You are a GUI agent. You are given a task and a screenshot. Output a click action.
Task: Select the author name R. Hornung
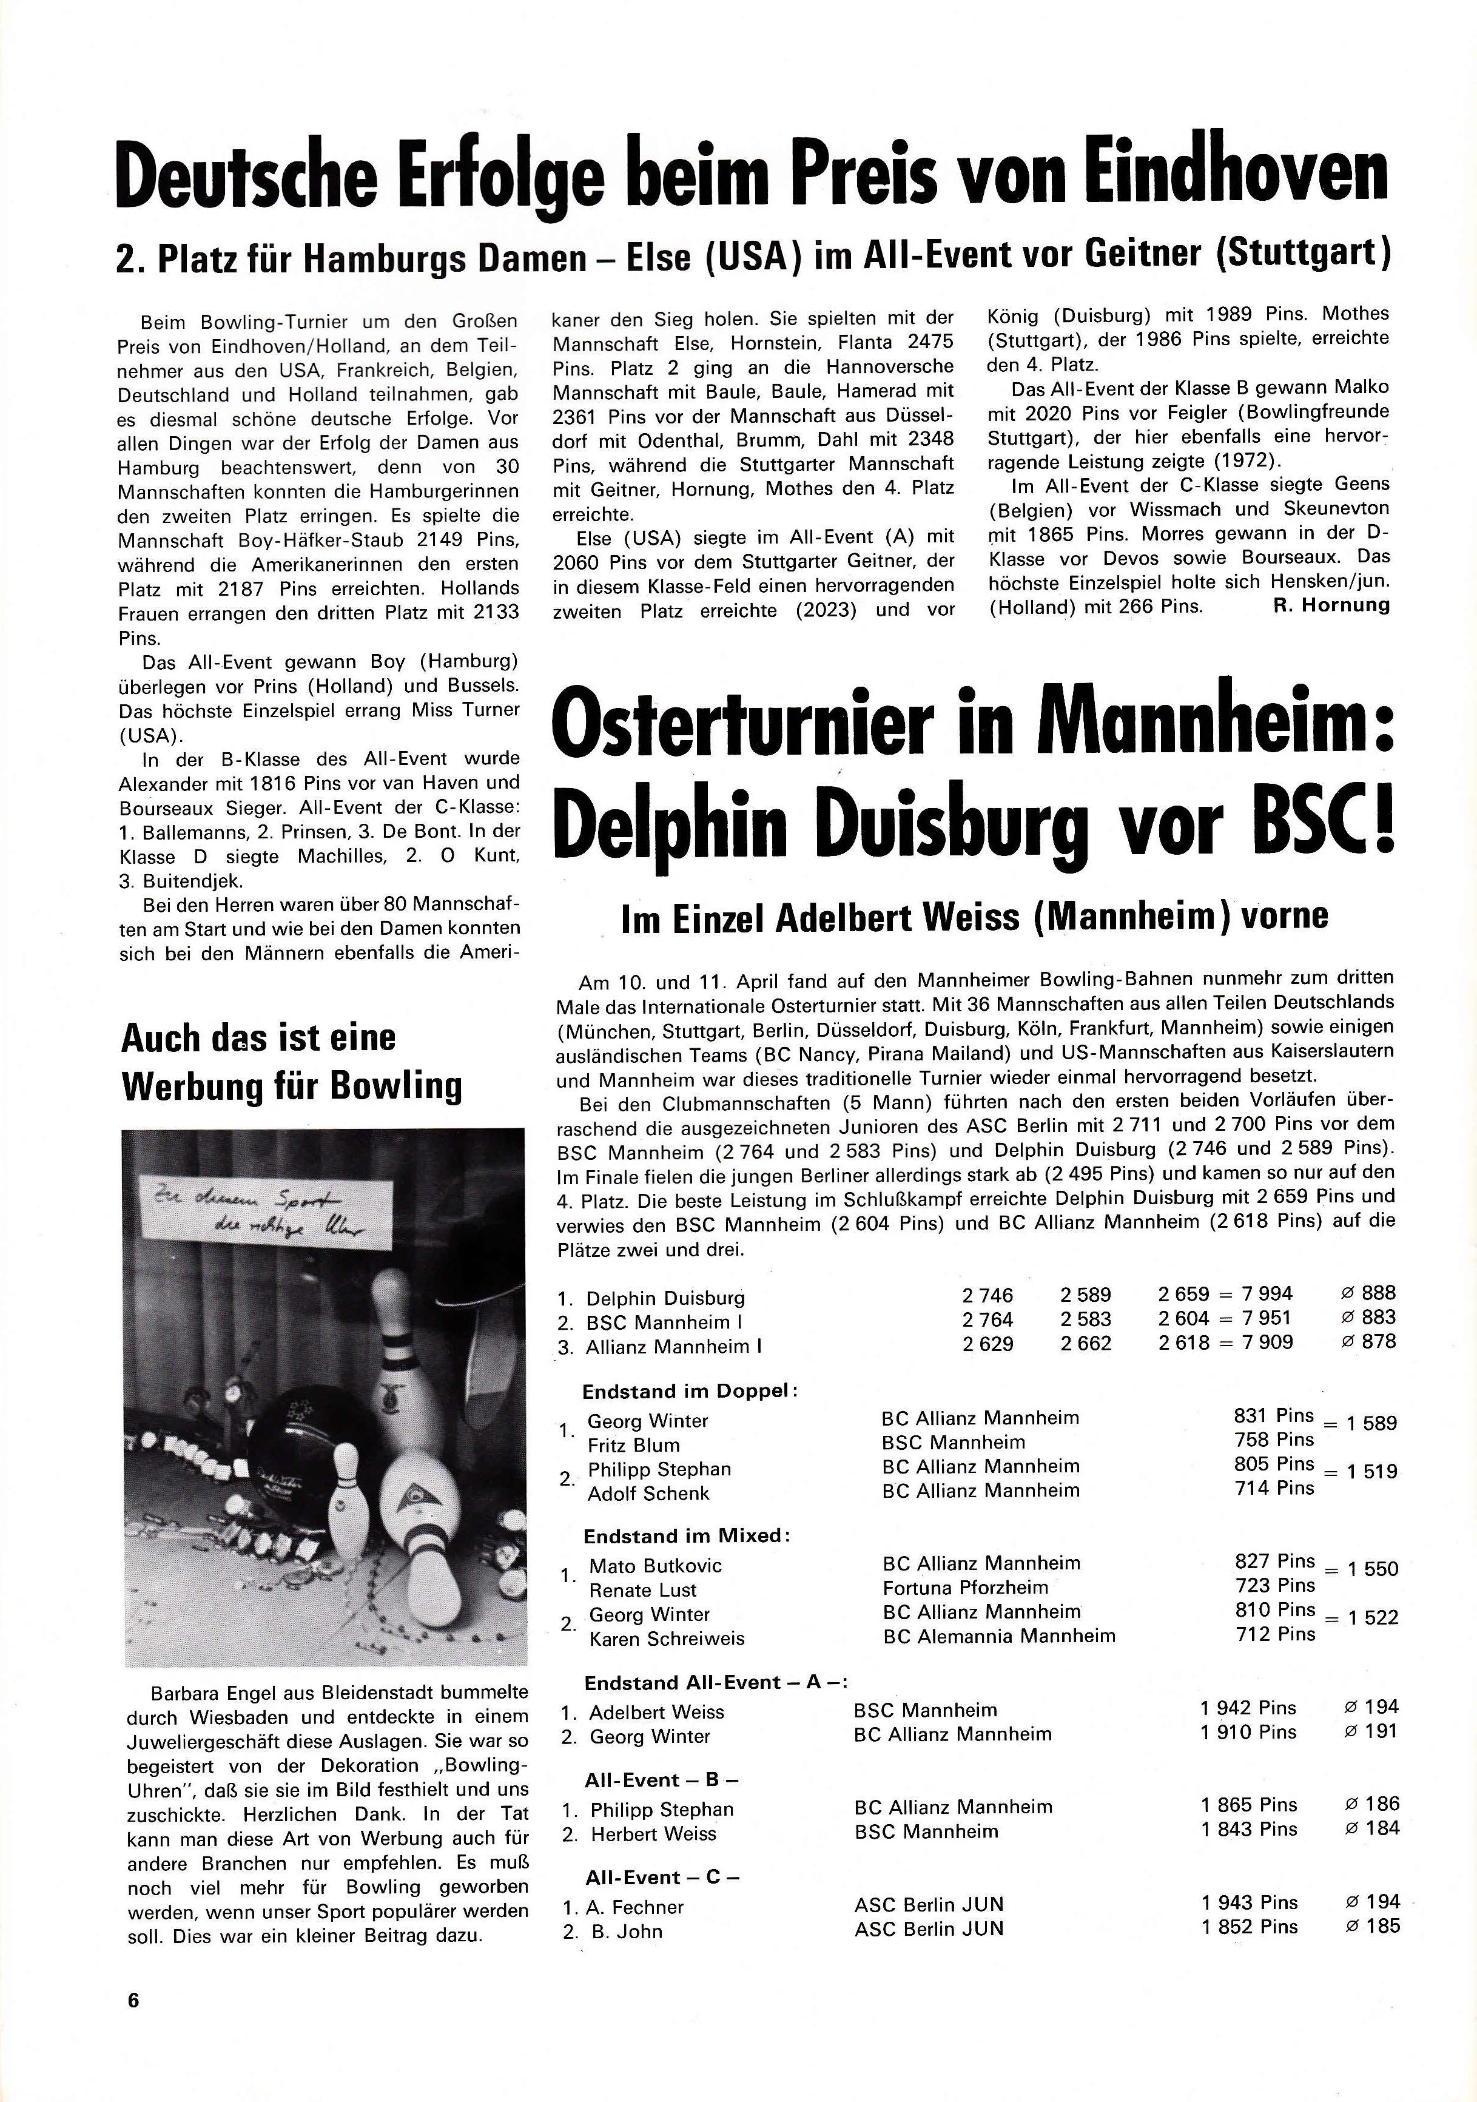pos(1331,605)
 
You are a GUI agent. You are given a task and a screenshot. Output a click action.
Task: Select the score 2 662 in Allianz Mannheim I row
pos(1085,1343)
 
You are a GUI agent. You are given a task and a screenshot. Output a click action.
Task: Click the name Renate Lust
pos(643,1590)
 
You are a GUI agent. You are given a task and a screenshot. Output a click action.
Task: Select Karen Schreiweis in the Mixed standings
pos(667,1639)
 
